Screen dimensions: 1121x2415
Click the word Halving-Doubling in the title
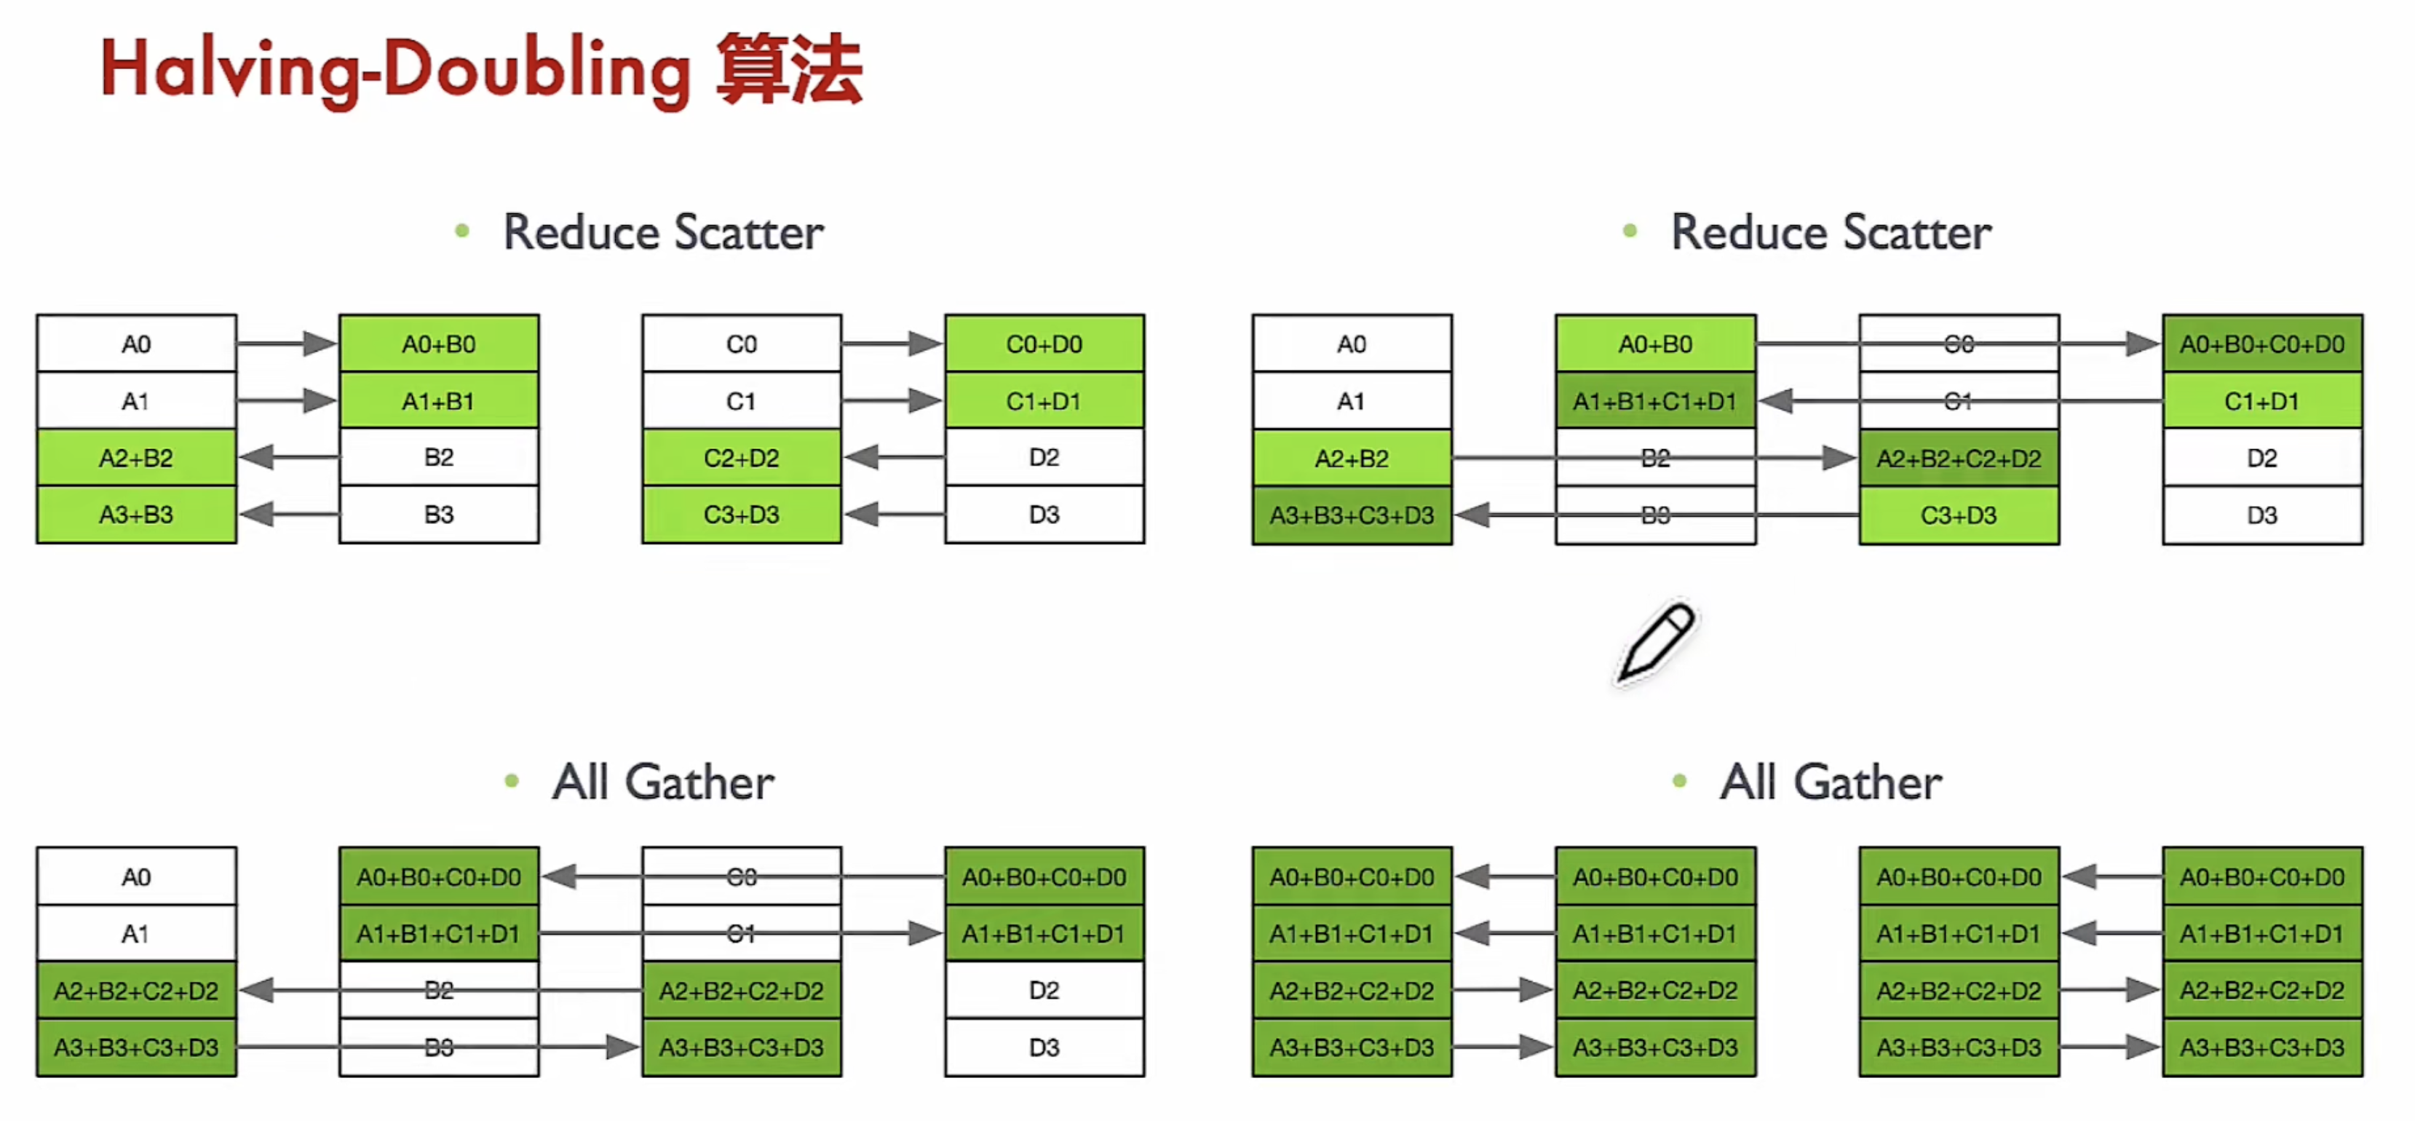click(x=394, y=71)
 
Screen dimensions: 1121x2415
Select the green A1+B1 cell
click(x=439, y=401)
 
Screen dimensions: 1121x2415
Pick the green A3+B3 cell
click(x=136, y=515)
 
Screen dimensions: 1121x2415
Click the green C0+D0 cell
click(x=1044, y=344)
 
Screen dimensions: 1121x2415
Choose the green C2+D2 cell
click(x=742, y=459)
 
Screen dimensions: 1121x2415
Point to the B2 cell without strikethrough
click(x=439, y=457)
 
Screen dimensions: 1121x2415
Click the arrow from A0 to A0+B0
click(x=287, y=344)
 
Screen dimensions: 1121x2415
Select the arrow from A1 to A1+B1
click(x=287, y=401)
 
